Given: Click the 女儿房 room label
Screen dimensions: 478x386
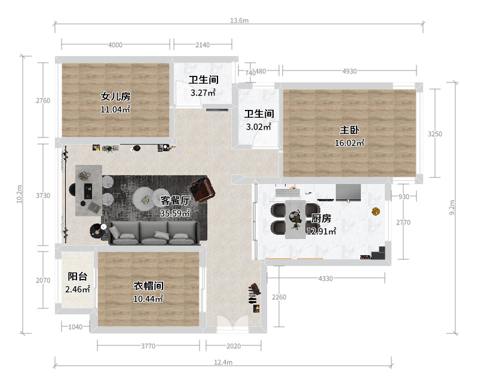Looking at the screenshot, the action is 115,96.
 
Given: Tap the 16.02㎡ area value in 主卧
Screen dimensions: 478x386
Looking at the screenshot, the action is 350,143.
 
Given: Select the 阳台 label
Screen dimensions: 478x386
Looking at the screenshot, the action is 78,277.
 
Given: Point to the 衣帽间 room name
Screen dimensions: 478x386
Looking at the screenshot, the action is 148,286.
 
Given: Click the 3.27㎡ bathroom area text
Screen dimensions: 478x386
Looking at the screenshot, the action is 203,93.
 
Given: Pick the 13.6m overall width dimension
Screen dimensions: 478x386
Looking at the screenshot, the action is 240,20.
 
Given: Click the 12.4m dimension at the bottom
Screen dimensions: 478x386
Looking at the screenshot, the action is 223,362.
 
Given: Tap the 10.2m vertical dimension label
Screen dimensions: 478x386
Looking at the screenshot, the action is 19,194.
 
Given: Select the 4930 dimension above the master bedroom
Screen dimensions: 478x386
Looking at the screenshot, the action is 350,71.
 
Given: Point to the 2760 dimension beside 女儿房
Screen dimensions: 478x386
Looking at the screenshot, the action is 43,100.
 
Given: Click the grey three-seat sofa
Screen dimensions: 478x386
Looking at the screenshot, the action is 154,233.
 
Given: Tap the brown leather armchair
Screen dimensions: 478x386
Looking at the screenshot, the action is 203,189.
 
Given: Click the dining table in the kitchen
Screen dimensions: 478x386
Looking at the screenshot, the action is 295,219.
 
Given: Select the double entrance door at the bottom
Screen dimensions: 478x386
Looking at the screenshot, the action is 233,323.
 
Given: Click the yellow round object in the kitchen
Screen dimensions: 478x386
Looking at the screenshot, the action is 376,211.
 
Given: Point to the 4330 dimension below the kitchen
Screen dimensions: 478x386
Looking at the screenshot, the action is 326,278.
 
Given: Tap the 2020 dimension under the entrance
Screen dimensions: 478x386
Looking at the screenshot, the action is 234,346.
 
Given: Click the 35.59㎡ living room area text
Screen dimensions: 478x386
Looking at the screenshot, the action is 175,213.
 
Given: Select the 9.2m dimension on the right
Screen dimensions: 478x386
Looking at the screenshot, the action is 452,207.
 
